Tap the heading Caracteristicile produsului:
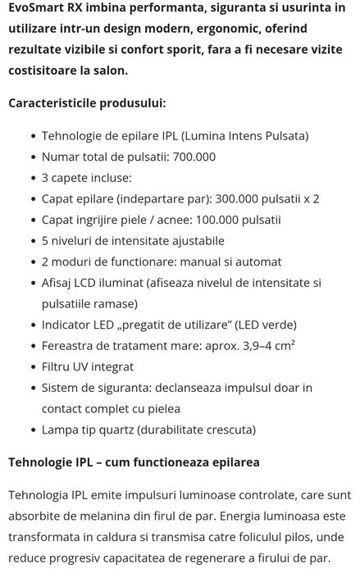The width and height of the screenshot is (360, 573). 86,103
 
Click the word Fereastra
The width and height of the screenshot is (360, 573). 70,346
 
